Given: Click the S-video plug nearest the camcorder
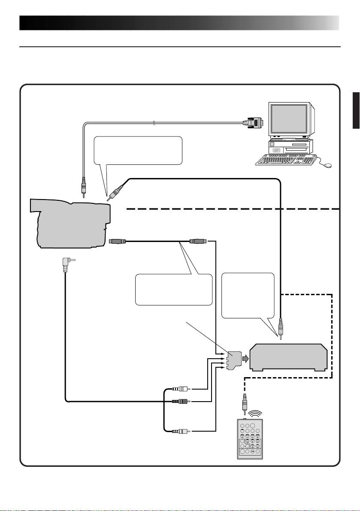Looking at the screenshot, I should pos(117,242).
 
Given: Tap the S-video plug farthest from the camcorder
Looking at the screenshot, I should pos(198,242).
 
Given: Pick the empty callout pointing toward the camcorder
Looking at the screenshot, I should pos(137,151).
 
